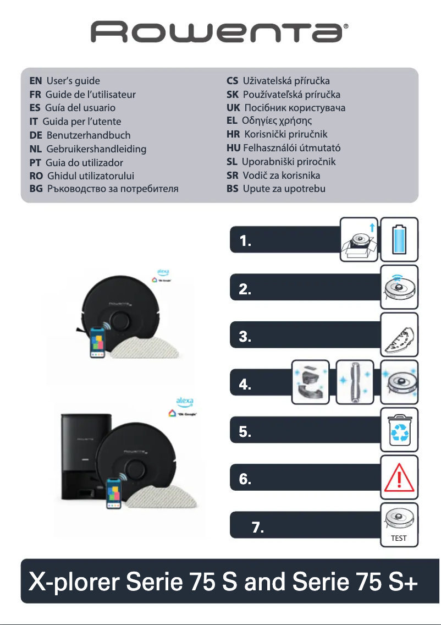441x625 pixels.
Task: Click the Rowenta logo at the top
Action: click(x=220, y=33)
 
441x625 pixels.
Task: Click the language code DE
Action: click(x=36, y=135)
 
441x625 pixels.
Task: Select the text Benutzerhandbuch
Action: click(x=89, y=135)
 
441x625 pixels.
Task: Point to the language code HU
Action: click(x=234, y=148)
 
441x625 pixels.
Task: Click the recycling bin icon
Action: click(x=399, y=431)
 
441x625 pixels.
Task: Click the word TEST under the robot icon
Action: click(x=399, y=539)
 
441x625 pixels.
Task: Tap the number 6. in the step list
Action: click(x=245, y=479)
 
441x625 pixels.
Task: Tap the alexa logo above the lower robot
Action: click(x=184, y=401)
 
